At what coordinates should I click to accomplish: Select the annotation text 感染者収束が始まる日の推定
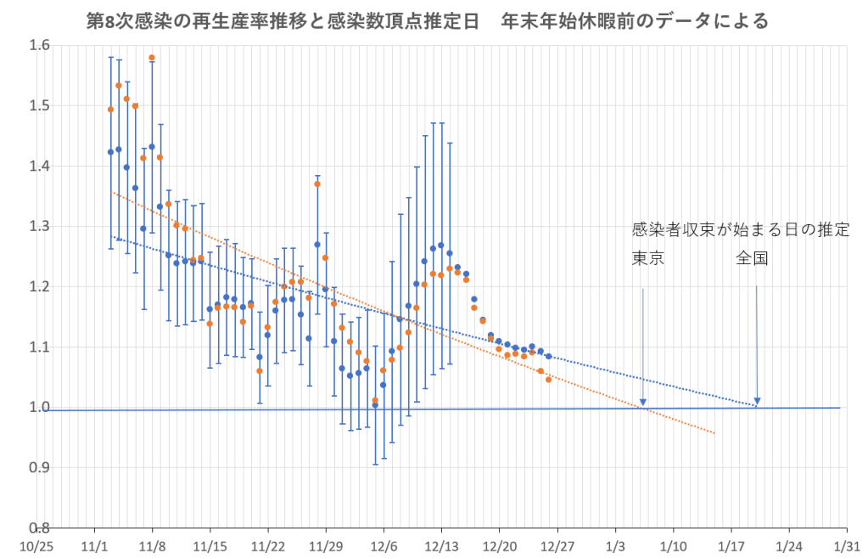[x=740, y=230]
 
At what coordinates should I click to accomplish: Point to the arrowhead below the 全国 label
[x=758, y=402]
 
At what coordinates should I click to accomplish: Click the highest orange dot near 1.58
[x=152, y=58]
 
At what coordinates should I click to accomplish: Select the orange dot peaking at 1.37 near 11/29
[x=317, y=184]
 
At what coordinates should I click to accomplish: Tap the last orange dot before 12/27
[x=549, y=380]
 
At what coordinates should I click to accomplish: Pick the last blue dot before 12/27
[x=549, y=356]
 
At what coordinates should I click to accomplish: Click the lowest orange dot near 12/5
[x=375, y=400]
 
